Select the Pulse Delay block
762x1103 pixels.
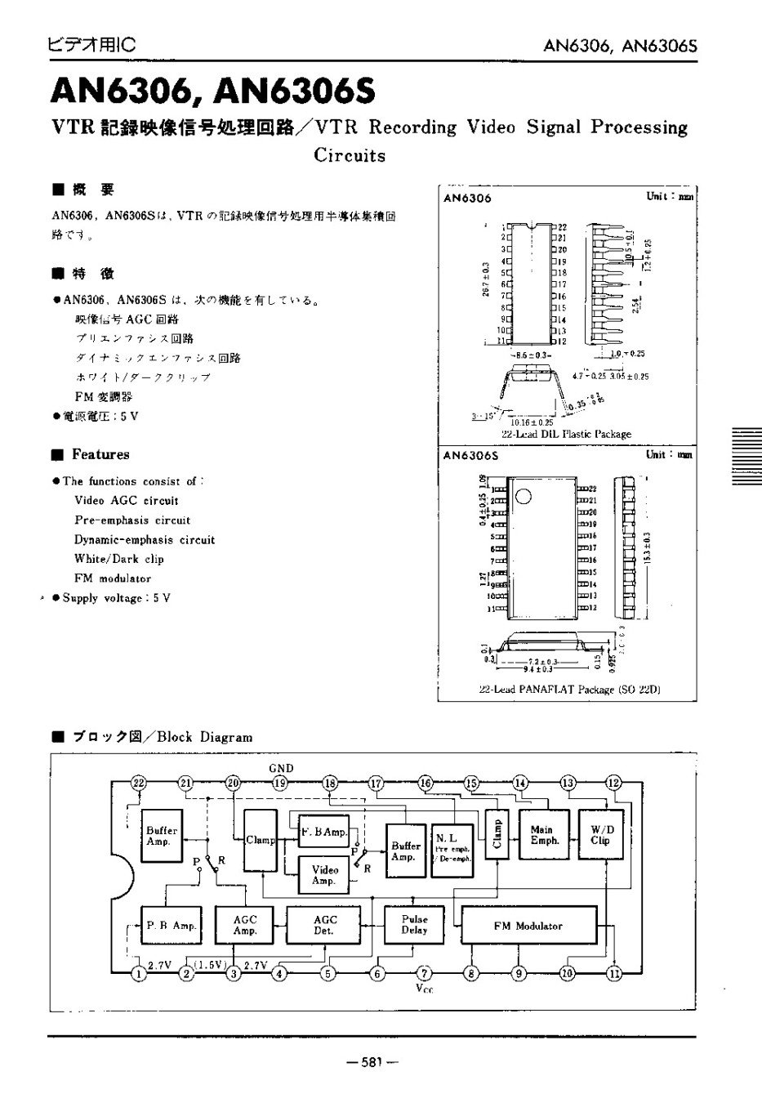pyautogui.click(x=414, y=924)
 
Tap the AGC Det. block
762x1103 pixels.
pyautogui.click(x=324, y=924)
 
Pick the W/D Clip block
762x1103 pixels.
pyautogui.click(x=599, y=834)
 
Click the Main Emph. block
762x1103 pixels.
pyautogui.click(x=544, y=834)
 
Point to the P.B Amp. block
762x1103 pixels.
pyautogui.click(x=171, y=926)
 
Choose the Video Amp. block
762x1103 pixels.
pyautogui.click(x=324, y=875)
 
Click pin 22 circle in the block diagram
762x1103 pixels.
pyautogui.click(x=138, y=783)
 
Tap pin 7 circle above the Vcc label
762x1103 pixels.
pyautogui.click(x=424, y=973)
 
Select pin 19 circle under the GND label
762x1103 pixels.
pyautogui.click(x=280, y=783)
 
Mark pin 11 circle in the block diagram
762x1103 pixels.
pyautogui.click(x=614, y=973)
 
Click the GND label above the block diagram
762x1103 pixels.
pyautogui.click(x=280, y=768)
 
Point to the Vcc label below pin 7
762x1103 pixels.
pyautogui.click(x=424, y=989)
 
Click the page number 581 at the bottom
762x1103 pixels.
pyautogui.click(x=372, y=1062)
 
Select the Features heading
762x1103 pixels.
pyautogui.click(x=100, y=454)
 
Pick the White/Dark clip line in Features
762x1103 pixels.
pyautogui.click(x=118, y=559)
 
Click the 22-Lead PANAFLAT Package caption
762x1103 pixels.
pyautogui.click(x=568, y=690)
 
